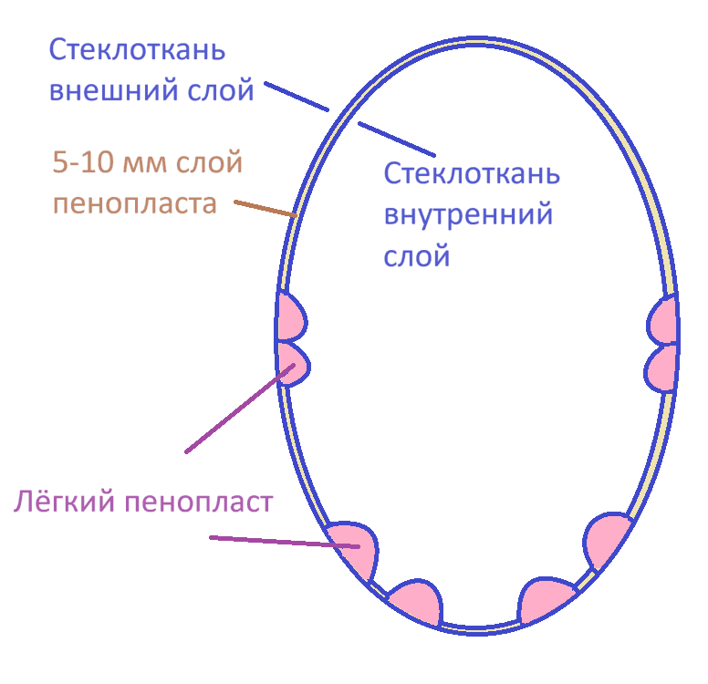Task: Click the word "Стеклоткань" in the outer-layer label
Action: coord(136,49)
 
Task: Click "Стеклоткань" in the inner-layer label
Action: coord(471,173)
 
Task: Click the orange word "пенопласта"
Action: coord(134,202)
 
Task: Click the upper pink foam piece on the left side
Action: coord(291,317)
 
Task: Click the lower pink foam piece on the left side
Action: coord(293,362)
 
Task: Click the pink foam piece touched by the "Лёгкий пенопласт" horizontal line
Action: coord(354,547)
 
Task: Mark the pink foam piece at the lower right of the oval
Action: coord(607,541)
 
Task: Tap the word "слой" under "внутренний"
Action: coord(416,256)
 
